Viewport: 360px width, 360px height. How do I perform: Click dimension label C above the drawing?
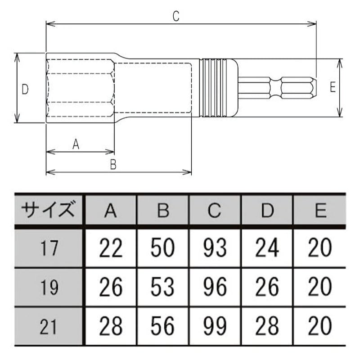[176, 16]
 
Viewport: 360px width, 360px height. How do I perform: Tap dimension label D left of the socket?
[25, 89]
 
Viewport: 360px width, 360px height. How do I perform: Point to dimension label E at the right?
[333, 87]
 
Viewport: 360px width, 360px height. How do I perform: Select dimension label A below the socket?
[76, 144]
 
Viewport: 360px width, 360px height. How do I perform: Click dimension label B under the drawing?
[113, 164]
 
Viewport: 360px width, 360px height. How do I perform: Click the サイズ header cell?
[48, 209]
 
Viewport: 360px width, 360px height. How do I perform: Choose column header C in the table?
[215, 210]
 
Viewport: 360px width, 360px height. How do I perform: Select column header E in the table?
[320, 210]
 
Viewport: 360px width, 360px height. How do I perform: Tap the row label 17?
[49, 248]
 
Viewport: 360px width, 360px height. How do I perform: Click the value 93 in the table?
[215, 247]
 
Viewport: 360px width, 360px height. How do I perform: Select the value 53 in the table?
[162, 287]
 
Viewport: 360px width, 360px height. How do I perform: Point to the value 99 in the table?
[215, 326]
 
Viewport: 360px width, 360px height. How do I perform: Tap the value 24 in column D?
[267, 247]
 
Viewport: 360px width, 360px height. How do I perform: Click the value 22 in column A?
[111, 248]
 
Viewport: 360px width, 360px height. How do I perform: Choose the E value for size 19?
[320, 287]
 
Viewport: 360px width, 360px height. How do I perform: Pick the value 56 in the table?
[162, 326]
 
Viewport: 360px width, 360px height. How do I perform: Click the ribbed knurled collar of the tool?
[213, 88]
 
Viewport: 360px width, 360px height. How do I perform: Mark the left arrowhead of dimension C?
[50, 24]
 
